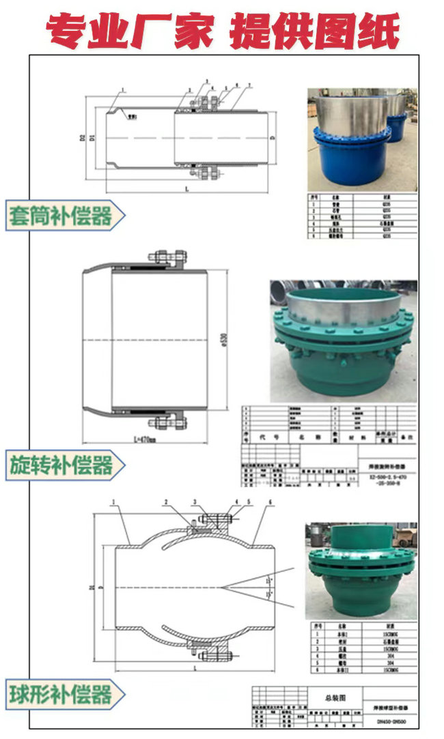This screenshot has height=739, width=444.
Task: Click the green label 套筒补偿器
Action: click(60, 216)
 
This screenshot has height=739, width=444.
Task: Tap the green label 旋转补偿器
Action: click(61, 465)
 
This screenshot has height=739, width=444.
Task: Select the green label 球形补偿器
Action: click(61, 695)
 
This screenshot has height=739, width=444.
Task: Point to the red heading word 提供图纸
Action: click(315, 29)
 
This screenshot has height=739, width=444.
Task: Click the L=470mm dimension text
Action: click(142, 439)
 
